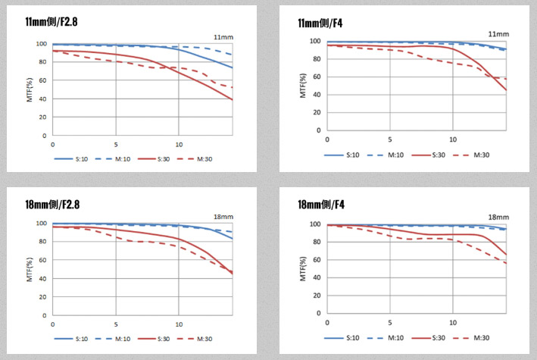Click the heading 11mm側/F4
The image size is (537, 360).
[321, 23]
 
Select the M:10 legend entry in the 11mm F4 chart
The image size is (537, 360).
[395, 155]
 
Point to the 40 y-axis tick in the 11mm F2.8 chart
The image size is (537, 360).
[43, 99]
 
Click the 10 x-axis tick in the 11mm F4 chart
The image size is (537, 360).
[453, 140]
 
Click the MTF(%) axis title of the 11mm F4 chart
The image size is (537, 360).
[303, 85]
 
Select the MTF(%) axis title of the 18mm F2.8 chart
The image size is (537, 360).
[30, 269]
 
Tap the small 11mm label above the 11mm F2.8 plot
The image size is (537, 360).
[223, 36]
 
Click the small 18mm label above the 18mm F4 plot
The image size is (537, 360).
[497, 216]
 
